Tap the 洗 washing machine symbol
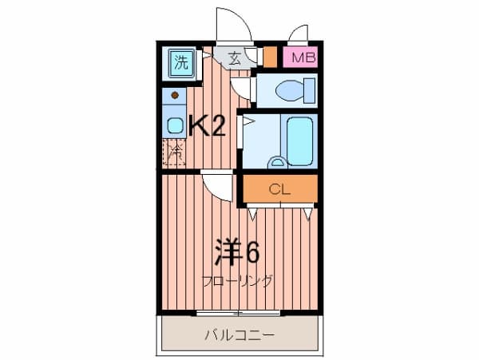(x=182, y=63)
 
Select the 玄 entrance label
(x=235, y=57)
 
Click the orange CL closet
(x=279, y=190)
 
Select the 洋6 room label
(x=236, y=253)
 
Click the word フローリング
(x=237, y=281)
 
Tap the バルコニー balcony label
(x=240, y=335)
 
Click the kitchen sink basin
(x=173, y=125)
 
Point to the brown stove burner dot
(x=174, y=96)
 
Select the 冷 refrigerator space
(x=173, y=152)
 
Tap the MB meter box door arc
(x=299, y=34)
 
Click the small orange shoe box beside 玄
(x=270, y=57)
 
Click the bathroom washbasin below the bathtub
(x=277, y=163)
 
